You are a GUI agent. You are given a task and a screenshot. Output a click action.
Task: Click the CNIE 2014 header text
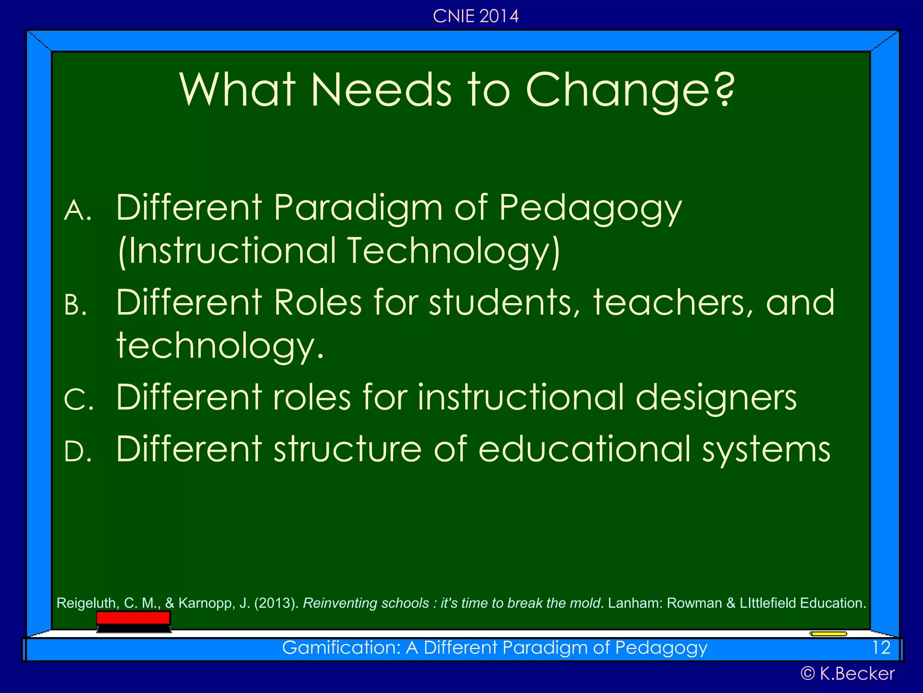click(x=475, y=16)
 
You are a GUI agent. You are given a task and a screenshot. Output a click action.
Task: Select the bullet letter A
click(x=78, y=211)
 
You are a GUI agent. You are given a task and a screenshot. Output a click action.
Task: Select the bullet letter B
click(x=75, y=305)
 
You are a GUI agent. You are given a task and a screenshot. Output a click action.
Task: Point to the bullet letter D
click(x=78, y=452)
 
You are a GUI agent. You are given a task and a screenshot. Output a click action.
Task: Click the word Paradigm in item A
click(x=358, y=208)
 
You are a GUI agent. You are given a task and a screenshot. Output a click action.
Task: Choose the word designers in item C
click(x=716, y=398)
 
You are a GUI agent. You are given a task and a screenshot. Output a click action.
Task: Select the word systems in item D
click(x=766, y=450)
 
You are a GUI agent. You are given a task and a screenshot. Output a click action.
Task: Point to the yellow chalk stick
click(x=828, y=634)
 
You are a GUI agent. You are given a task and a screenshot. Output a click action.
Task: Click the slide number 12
click(x=881, y=648)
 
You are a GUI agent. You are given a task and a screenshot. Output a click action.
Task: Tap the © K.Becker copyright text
click(x=847, y=674)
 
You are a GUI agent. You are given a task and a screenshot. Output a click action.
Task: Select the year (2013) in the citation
click(x=276, y=603)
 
